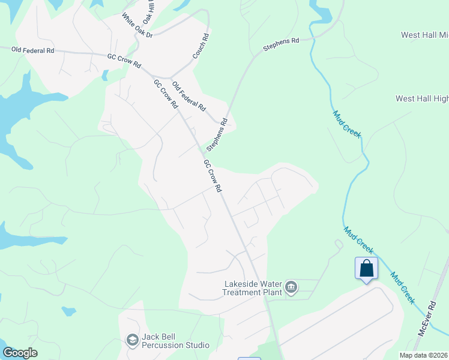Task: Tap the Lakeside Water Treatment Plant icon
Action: point(292,288)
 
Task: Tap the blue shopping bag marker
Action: point(366,269)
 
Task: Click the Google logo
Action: point(20,353)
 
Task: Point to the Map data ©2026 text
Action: point(424,355)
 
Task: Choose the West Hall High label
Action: point(422,98)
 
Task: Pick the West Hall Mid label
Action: point(424,35)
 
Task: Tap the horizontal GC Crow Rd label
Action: point(124,61)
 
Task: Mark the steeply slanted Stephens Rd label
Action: point(217,134)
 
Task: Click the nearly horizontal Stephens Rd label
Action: point(281,44)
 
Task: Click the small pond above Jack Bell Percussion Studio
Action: point(69,311)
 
